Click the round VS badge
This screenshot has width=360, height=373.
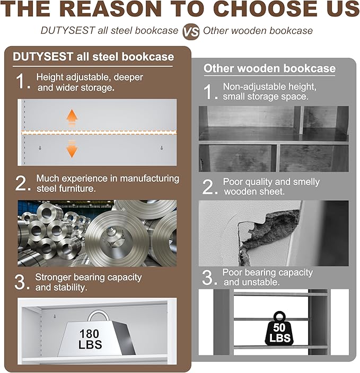click(191, 32)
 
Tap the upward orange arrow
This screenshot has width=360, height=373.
click(72, 118)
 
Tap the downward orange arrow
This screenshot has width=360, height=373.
click(72, 149)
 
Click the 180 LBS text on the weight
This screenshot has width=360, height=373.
click(90, 339)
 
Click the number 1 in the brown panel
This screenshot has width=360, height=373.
click(21, 81)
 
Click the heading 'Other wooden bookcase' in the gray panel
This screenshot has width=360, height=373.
click(269, 68)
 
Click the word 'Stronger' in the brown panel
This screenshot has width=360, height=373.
click(53, 277)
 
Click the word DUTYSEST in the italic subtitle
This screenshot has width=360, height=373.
click(68, 30)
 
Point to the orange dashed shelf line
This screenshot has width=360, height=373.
click(99, 133)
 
